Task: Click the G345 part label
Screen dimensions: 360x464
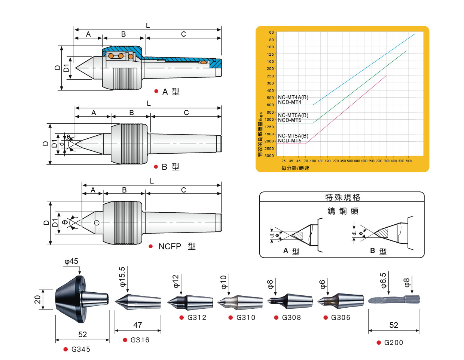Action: [x=80, y=349]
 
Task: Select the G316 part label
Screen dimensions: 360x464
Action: [x=140, y=340]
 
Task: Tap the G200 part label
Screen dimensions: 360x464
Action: [x=393, y=342]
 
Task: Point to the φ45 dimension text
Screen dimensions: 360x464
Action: [x=71, y=262]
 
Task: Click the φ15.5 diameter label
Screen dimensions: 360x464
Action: [x=122, y=277]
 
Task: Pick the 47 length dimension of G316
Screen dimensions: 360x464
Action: [x=138, y=325]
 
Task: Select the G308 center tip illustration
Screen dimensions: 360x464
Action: [x=290, y=301]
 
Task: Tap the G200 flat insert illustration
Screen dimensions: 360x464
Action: [x=394, y=299]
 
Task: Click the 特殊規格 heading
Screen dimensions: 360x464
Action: [x=342, y=197]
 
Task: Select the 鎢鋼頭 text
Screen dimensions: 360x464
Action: [x=343, y=211]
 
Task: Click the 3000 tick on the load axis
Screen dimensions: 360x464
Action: [x=269, y=156]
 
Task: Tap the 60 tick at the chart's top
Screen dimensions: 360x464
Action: [x=271, y=33]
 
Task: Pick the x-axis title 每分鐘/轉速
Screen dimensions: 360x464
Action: [x=295, y=168]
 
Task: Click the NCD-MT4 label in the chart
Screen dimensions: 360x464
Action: [x=290, y=102]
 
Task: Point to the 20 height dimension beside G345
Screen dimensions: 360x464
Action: [x=37, y=299]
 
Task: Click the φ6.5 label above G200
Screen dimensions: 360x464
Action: [x=384, y=280]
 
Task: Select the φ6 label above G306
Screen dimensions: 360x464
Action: [x=323, y=284]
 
